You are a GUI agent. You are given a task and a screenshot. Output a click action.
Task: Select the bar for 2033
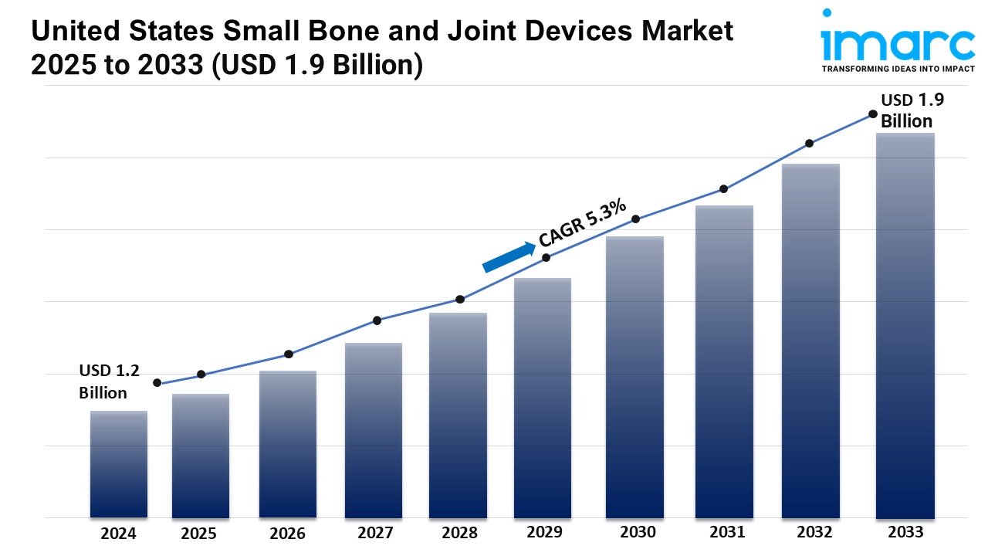pyautogui.click(x=905, y=324)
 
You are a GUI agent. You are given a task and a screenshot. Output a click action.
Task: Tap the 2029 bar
pyautogui.click(x=543, y=398)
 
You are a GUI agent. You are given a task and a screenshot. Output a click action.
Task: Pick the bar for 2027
pyautogui.click(x=374, y=429)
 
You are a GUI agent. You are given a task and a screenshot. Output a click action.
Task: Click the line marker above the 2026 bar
pyautogui.click(x=289, y=354)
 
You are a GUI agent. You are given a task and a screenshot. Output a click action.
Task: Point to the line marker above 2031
pyautogui.click(x=724, y=189)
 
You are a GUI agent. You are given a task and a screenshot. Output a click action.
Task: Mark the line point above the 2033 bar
pyautogui.click(x=873, y=114)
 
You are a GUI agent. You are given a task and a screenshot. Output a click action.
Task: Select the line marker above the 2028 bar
pyautogui.click(x=460, y=299)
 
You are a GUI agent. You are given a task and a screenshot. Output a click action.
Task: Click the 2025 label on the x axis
pyautogui.click(x=199, y=533)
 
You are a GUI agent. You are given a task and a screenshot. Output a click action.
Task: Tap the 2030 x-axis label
pyautogui.click(x=638, y=532)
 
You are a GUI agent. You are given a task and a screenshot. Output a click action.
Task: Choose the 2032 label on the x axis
pyautogui.click(x=815, y=532)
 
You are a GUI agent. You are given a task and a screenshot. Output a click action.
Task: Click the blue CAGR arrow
pyautogui.click(x=509, y=257)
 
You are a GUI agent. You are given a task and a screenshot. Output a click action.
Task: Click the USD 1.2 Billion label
pyautogui.click(x=109, y=381)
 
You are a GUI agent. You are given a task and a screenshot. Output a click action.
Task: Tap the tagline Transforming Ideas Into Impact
pyautogui.click(x=898, y=69)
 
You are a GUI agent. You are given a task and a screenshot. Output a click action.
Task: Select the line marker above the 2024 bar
pyautogui.click(x=157, y=383)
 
